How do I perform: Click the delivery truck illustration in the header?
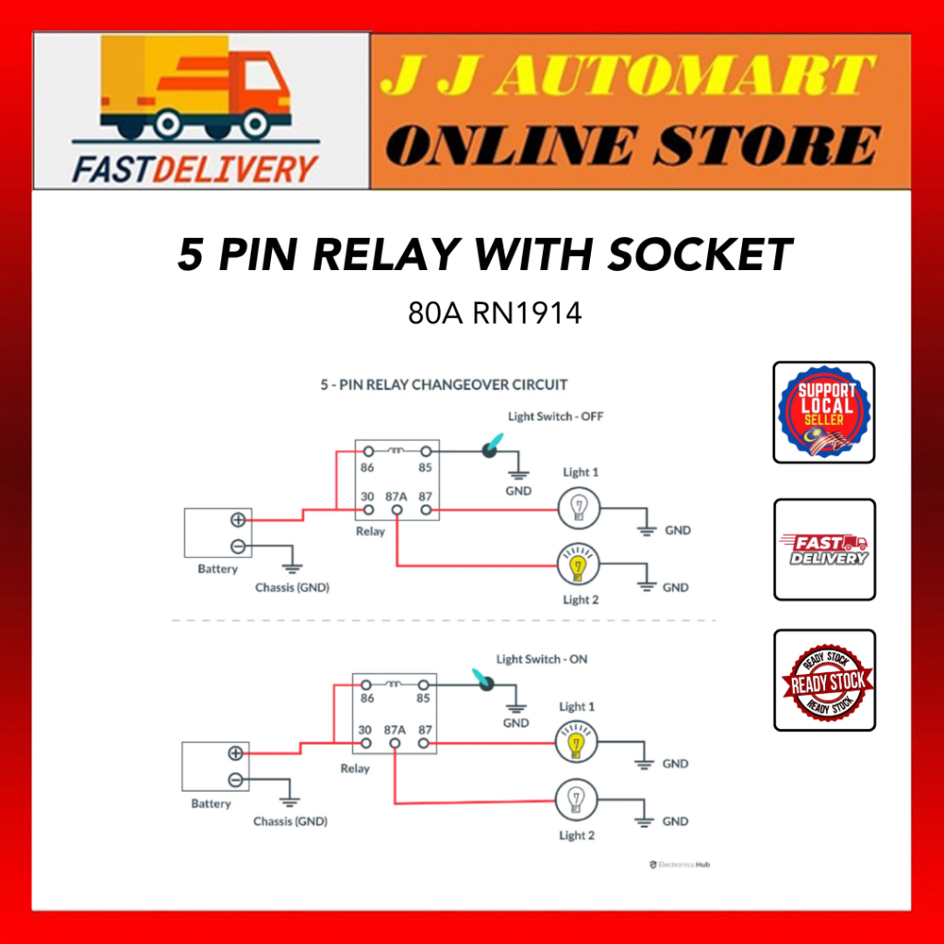pyautogui.click(x=195, y=92)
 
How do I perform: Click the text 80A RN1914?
pyautogui.click(x=495, y=313)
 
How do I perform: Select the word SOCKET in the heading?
pyautogui.click(x=700, y=254)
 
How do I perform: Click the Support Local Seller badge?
pyautogui.click(x=823, y=412)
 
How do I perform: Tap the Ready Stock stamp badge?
pyautogui.click(x=824, y=680)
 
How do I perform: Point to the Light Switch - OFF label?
pyautogui.click(x=555, y=417)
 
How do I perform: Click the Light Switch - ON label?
pyautogui.click(x=541, y=660)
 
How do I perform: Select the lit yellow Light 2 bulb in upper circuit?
pyautogui.click(x=579, y=565)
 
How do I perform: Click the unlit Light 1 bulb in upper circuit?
pyautogui.click(x=579, y=508)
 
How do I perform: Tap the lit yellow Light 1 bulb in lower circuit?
pyautogui.click(x=576, y=742)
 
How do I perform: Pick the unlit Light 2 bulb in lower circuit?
pyautogui.click(x=576, y=798)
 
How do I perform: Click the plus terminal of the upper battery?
pyautogui.click(x=237, y=520)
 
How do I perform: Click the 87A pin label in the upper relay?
pyautogui.click(x=396, y=495)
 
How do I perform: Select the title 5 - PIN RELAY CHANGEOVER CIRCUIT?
pyautogui.click(x=443, y=384)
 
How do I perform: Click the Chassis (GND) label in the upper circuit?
pyautogui.click(x=291, y=587)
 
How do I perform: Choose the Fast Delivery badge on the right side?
pyautogui.click(x=824, y=549)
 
